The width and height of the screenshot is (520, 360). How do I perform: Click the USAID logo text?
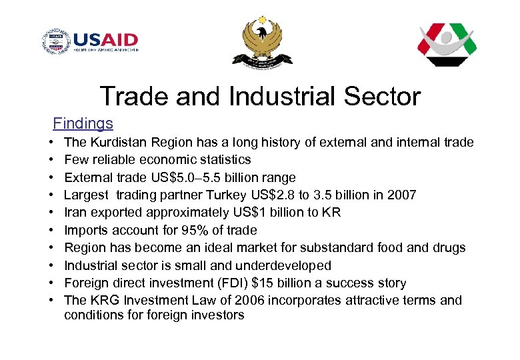106,40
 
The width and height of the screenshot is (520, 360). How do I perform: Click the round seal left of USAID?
55,42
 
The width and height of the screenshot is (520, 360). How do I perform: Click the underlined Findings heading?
83,123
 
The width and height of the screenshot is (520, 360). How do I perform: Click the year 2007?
402,195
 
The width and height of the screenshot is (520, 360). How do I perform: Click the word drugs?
449,247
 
